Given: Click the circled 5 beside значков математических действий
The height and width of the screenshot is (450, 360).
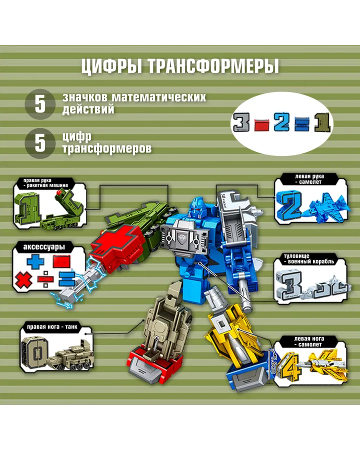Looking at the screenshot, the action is point(40,104).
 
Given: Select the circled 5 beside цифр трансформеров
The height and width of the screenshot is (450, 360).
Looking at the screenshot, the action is point(40,143).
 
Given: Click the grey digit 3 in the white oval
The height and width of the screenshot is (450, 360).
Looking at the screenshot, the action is point(241,122).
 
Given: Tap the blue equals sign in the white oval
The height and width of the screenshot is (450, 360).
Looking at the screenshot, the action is point(301,123).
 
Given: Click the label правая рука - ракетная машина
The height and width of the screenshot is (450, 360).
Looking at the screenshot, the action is point(45,183).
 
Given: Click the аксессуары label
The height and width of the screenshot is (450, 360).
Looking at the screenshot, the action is point(44,247).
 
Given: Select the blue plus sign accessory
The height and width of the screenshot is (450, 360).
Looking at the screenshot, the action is point(35,261).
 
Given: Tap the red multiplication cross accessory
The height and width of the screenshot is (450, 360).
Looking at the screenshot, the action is point(23,280).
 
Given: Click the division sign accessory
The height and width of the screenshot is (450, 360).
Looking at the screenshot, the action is point(45,279).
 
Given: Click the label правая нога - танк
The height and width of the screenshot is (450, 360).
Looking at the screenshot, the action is point(52,327).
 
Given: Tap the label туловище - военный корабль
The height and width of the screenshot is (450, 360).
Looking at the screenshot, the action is point(309,258).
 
